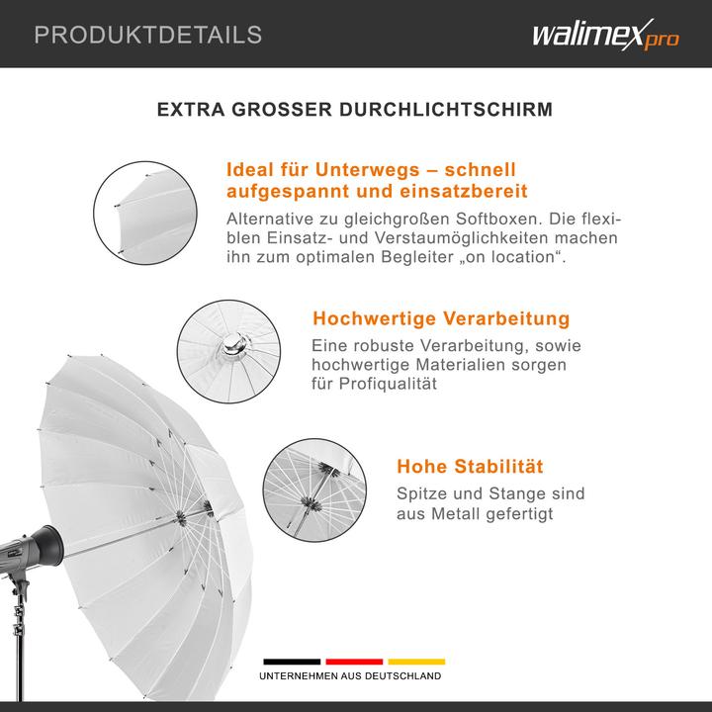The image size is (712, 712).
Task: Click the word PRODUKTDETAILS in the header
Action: (x=148, y=36)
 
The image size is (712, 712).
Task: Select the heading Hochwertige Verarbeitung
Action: (x=441, y=319)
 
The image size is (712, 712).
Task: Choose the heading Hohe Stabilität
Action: (x=470, y=466)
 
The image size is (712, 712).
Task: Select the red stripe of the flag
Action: (x=353, y=662)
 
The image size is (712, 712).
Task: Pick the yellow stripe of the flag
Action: (x=416, y=662)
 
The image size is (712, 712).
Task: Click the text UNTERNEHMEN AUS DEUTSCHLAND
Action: (x=351, y=676)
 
